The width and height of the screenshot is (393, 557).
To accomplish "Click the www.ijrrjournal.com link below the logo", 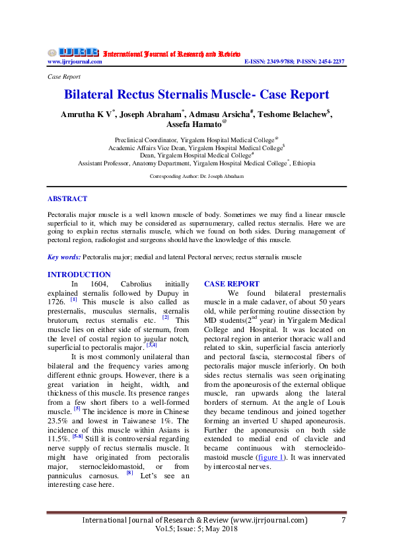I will (75, 62).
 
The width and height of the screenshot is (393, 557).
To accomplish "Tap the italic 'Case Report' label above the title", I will (63, 77).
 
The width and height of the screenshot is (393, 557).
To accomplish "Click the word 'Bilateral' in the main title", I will (96, 95).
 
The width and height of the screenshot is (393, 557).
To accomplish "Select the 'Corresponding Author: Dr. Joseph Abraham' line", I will (197, 177).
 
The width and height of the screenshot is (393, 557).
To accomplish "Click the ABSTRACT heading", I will (67, 198).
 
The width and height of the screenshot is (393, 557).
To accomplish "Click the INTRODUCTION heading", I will (79, 275).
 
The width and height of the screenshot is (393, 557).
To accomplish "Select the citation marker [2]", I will (166, 318).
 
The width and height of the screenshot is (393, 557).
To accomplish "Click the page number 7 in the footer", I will (343, 520).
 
